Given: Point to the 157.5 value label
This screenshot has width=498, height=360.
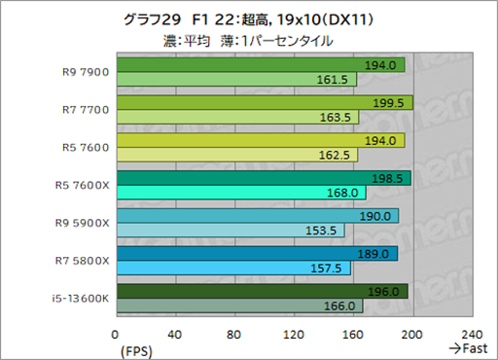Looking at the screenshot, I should pos(332,268).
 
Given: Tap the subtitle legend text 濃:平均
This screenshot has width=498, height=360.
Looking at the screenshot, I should pos(187,41).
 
